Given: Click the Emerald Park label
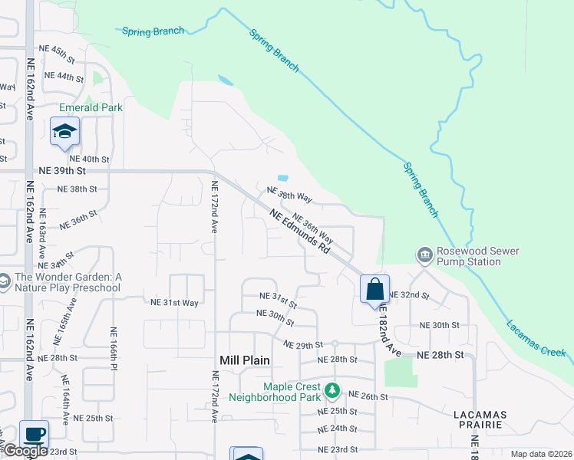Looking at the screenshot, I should pyautogui.click(x=91, y=108).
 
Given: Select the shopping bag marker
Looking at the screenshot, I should pyautogui.click(x=374, y=291).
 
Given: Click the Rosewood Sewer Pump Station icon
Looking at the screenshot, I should pyautogui.click(x=424, y=254).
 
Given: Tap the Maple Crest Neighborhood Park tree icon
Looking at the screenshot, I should pyautogui.click(x=332, y=392).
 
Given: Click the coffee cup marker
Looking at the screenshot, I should pyautogui.click(x=34, y=435).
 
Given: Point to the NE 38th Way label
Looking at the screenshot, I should pyautogui.click(x=289, y=194).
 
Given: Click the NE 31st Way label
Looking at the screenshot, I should pyautogui.click(x=175, y=303).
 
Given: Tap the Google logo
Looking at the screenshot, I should pyautogui.click(x=25, y=450).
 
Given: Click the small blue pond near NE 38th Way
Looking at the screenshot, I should pyautogui.click(x=282, y=179).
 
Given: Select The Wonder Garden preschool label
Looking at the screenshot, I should pyautogui.click(x=66, y=282).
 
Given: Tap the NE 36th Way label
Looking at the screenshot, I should pyautogui.click(x=312, y=227).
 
